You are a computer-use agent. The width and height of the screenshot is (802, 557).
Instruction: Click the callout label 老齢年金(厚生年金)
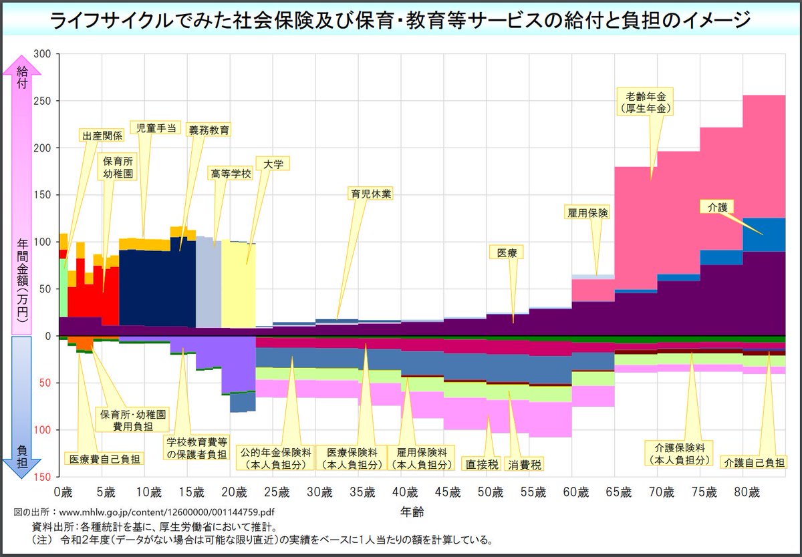[x=646, y=101]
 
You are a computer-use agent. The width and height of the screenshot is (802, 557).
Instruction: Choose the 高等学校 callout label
[x=230, y=173]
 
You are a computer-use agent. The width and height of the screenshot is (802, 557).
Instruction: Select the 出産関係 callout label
[x=102, y=136]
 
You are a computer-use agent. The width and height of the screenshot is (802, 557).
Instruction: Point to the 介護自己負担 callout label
[x=754, y=462]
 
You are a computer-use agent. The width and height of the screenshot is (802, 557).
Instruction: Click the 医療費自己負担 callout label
[x=104, y=459]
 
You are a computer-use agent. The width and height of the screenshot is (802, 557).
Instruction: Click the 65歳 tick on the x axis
[x=619, y=493]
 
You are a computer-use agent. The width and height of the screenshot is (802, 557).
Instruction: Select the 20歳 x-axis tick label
[x=234, y=493]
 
